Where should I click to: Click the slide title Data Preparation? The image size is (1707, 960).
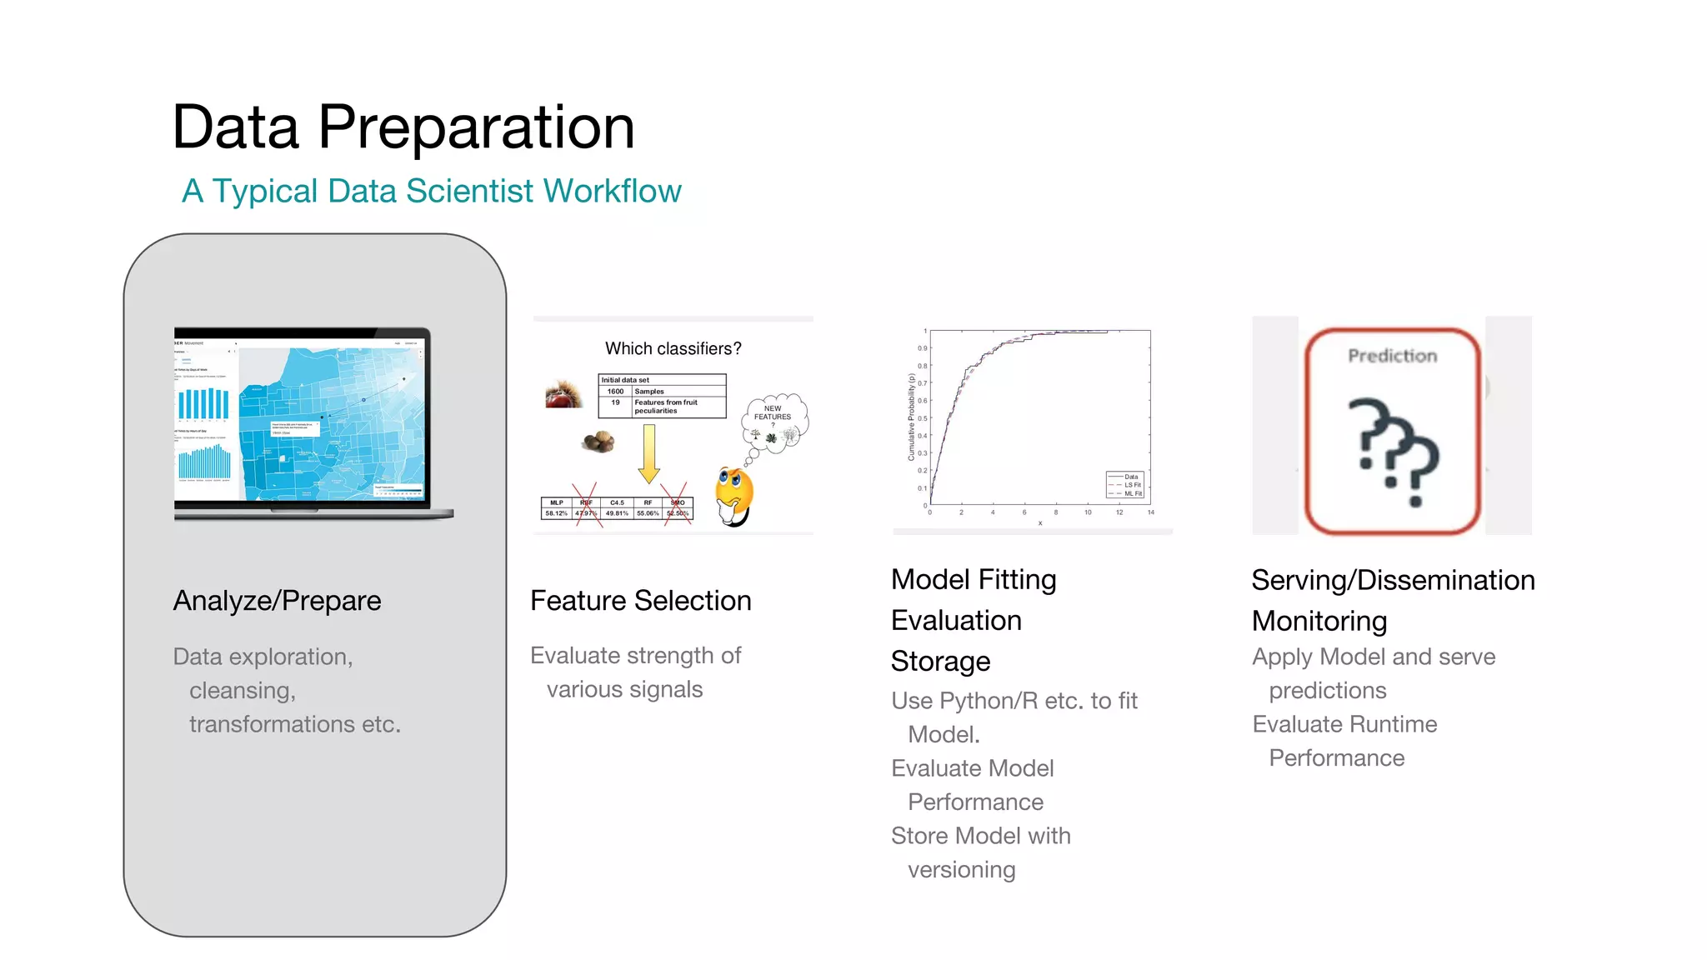[x=403, y=127]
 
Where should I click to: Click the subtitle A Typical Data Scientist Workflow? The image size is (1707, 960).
[x=431, y=191]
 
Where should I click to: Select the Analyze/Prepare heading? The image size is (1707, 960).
[x=277, y=601]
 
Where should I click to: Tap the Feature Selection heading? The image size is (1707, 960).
[x=640, y=601]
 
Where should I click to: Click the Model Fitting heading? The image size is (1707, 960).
[x=973, y=579]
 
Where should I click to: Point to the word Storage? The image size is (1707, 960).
[x=940, y=661]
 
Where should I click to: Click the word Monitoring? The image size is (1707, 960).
[x=1319, y=621]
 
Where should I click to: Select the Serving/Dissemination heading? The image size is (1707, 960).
[x=1392, y=580]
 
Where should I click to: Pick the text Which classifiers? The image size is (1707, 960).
[x=673, y=348]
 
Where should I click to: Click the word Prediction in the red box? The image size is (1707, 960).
[x=1392, y=356]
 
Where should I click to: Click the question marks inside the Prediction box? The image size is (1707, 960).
[x=1397, y=451]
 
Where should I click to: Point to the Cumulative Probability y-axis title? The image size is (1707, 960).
[x=911, y=417]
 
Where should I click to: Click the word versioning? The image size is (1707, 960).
[x=961, y=869]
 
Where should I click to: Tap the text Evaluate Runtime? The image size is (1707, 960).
[x=1344, y=724]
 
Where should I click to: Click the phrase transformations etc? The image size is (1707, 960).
[x=294, y=724]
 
